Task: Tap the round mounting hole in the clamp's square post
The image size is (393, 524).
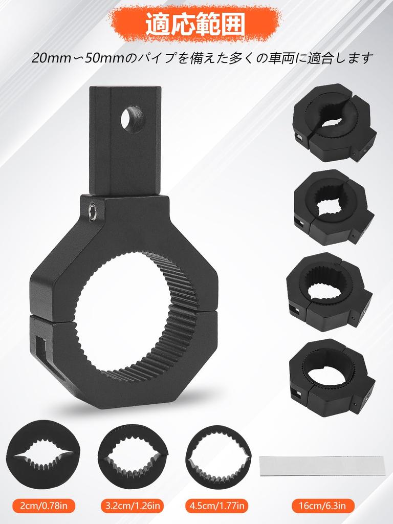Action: pos(133,119)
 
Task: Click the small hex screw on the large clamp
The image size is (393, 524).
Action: pos(93,211)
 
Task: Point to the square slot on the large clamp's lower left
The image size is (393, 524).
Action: pos(41,348)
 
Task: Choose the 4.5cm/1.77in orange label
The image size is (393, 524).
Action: pos(217,507)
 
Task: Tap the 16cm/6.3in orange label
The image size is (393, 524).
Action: pos(322,507)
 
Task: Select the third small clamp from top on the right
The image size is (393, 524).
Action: pos(330,292)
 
